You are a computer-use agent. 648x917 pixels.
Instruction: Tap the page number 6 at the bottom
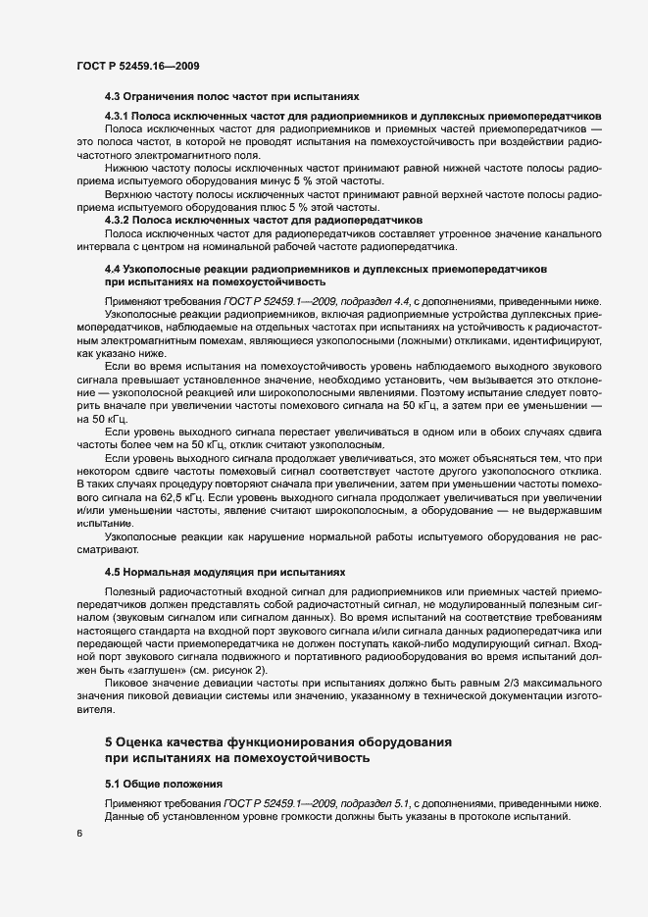pos(78,834)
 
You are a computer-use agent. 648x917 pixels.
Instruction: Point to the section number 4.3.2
pos(119,220)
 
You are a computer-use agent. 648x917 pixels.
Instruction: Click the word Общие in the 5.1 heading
pos(145,783)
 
